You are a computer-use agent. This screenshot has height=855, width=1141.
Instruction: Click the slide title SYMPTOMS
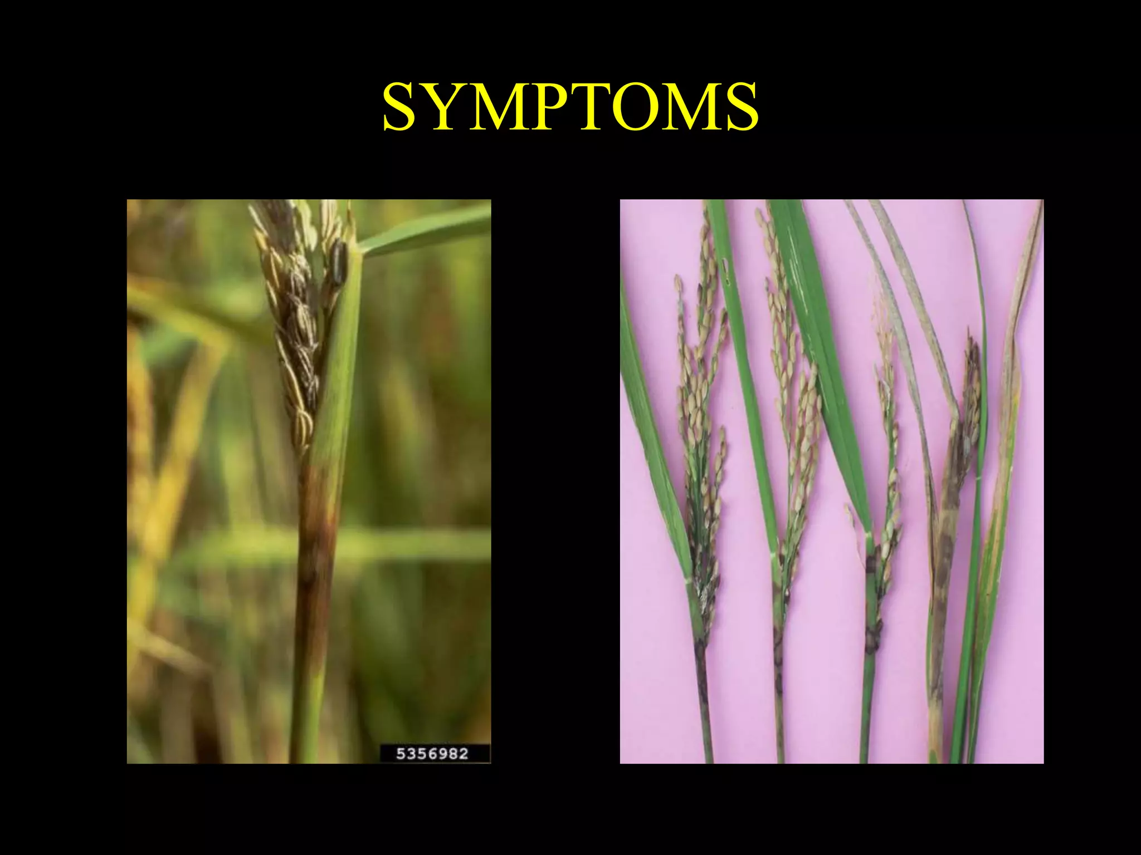(x=570, y=107)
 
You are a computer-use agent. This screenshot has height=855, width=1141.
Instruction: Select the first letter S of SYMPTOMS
(x=402, y=107)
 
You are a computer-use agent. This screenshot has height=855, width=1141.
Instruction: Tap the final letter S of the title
(x=741, y=107)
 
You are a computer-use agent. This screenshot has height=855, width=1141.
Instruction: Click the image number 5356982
(x=432, y=754)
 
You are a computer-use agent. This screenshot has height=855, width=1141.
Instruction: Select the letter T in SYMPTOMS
(x=601, y=107)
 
